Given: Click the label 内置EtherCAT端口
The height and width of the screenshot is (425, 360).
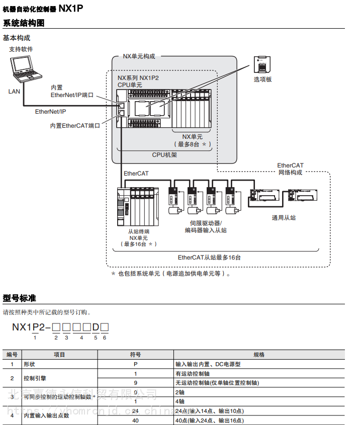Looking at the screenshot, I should point(75,126).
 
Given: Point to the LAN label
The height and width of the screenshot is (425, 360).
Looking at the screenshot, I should point(14,92).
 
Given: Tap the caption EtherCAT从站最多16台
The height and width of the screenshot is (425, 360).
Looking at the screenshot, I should point(209,257).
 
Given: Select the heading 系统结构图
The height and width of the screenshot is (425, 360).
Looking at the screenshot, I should point(24,23).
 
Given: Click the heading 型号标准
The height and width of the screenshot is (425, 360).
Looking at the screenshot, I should point(20,298).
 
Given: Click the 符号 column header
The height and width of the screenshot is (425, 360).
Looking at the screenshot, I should point(135,355).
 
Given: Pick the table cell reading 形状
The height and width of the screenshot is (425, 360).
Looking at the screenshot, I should point(29,364).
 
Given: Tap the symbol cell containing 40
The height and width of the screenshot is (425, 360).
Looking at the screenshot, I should point(135,420).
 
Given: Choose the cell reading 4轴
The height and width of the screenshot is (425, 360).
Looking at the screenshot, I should point(180,401).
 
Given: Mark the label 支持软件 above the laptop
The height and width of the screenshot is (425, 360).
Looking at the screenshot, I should point(21,49).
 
